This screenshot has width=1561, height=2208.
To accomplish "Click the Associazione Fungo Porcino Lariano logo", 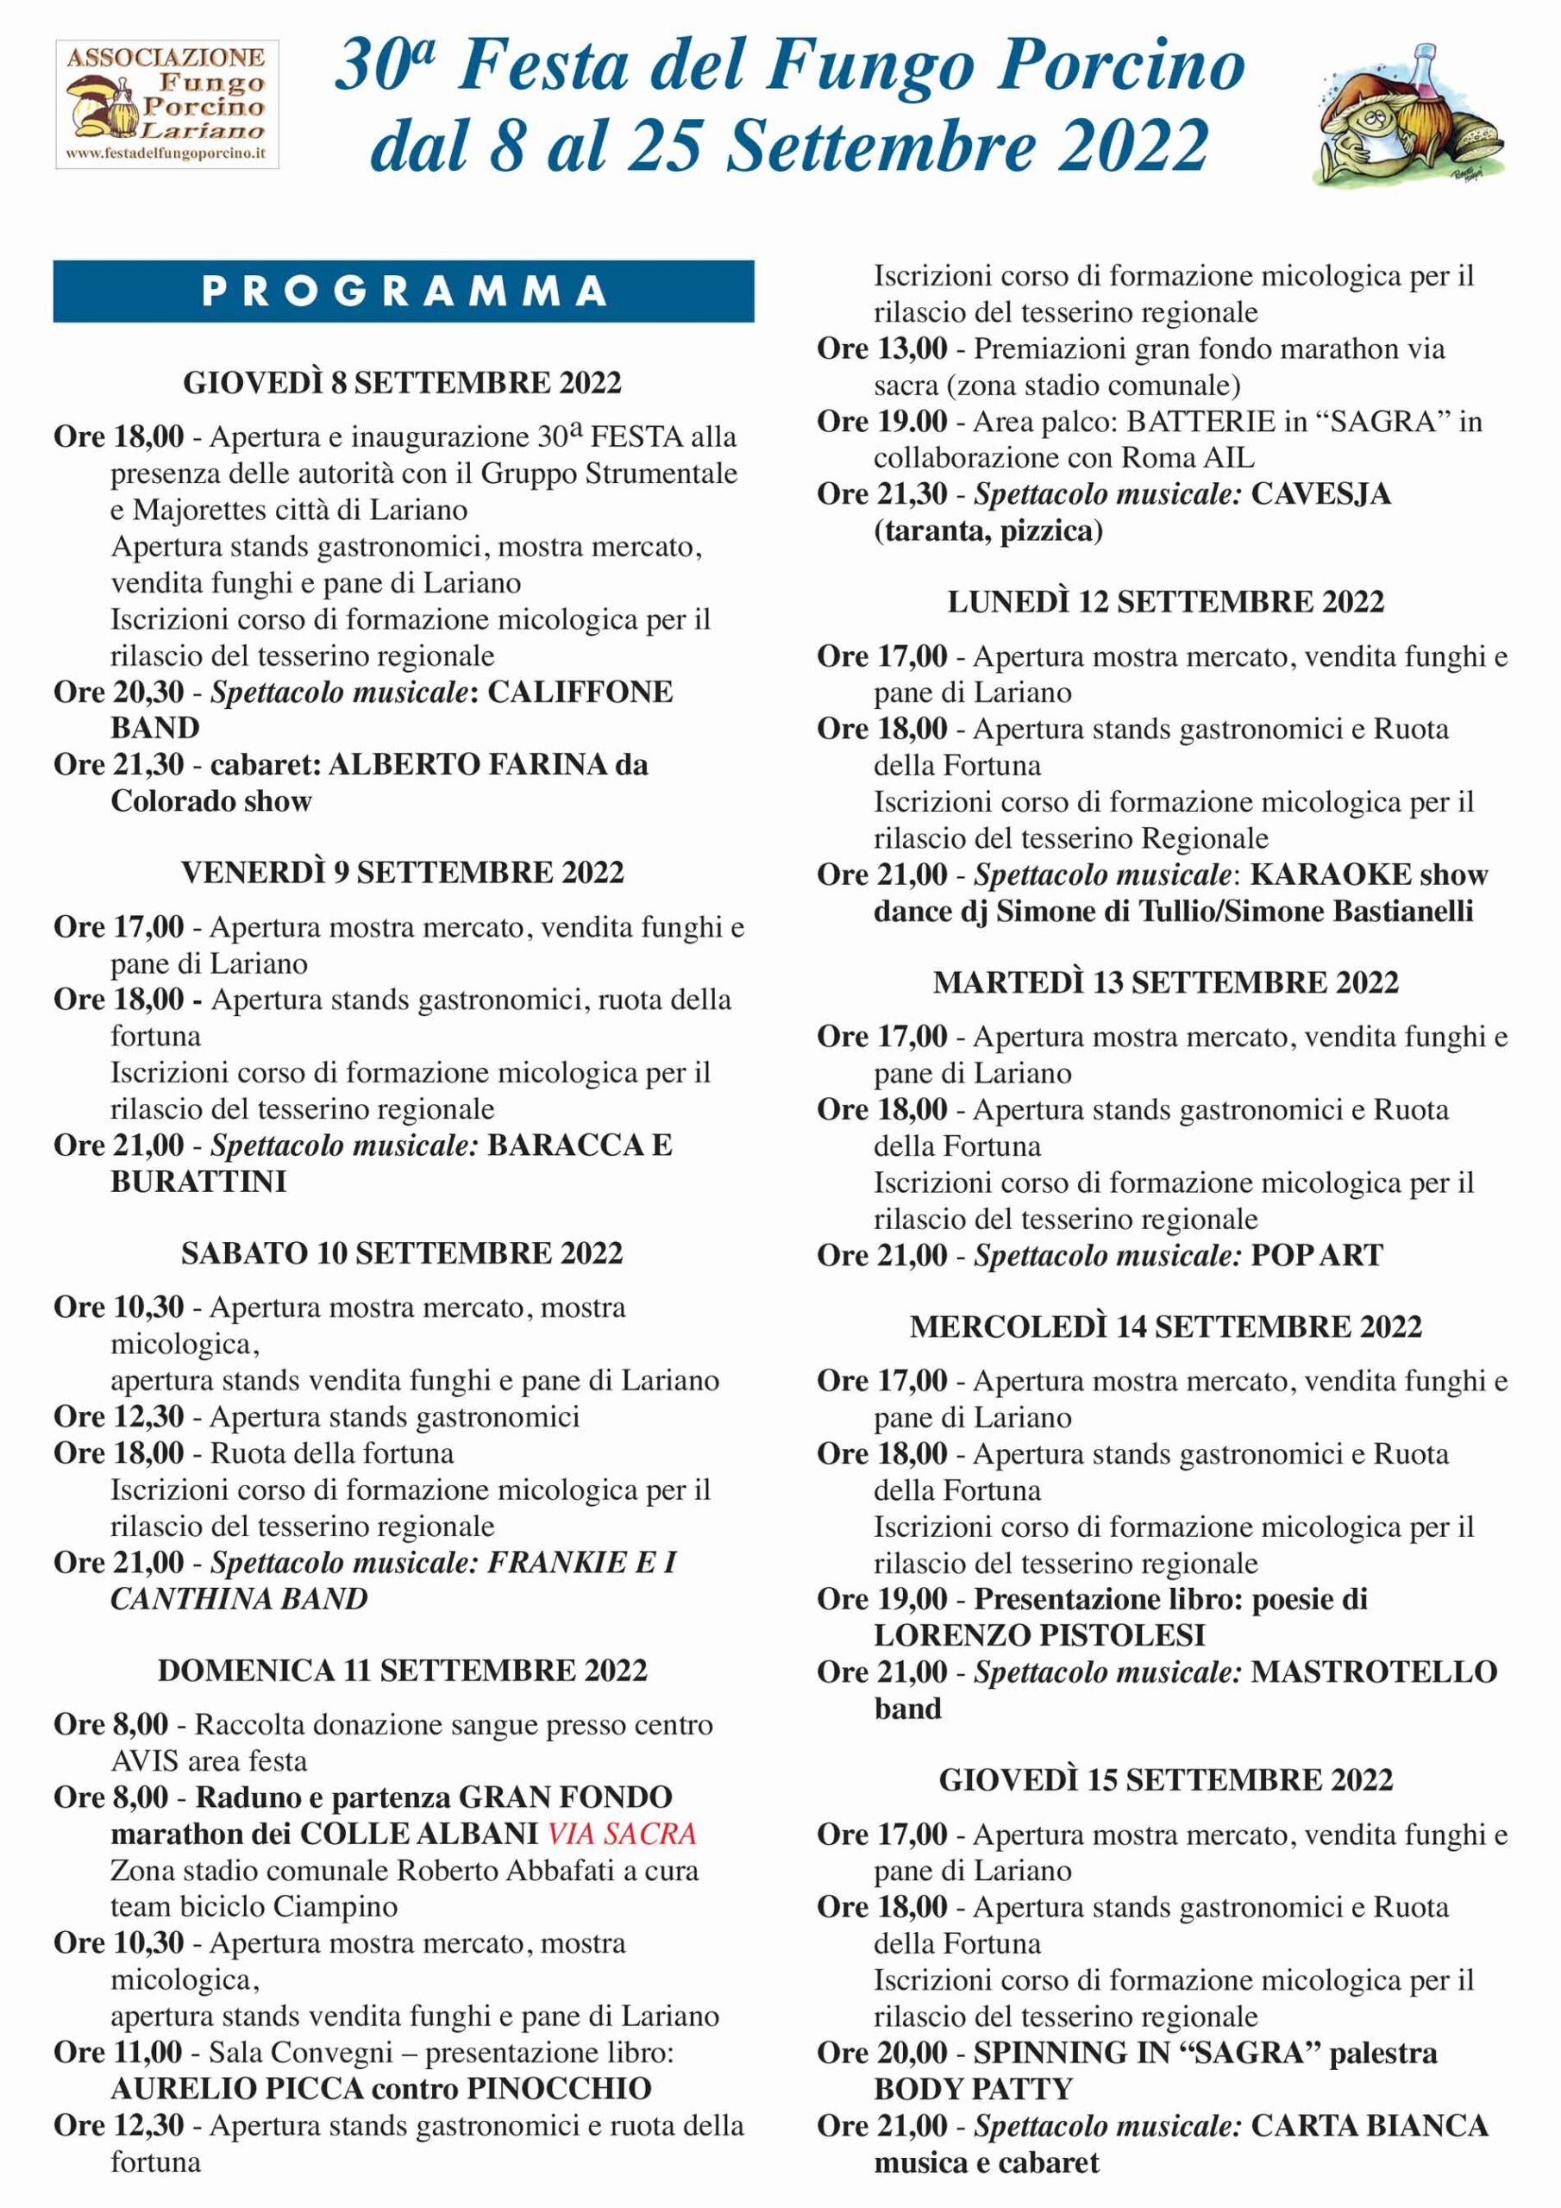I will (166, 103).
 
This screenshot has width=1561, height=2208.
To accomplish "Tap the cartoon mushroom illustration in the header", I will (1408, 114).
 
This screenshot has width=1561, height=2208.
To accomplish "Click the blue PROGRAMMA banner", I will (403, 292).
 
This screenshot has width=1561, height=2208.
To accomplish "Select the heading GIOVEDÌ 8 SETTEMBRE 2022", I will (402, 383).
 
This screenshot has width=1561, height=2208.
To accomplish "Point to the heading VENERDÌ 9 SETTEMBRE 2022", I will (402, 872).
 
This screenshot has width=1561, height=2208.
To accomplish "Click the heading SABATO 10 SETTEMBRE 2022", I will (402, 1253).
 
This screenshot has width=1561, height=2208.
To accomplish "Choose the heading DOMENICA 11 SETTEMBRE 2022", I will (402, 1671).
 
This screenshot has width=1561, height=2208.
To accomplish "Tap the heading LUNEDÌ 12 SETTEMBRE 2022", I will (1166, 602).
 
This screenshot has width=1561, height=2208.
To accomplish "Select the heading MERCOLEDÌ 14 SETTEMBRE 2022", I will (1166, 1327).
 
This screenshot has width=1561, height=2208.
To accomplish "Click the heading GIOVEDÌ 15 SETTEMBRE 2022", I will (1166, 1780).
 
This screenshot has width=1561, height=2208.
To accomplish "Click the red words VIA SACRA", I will (621, 1834).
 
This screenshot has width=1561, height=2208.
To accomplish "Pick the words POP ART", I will (1317, 1255).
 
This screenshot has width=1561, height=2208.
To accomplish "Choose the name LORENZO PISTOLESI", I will (1040, 1634).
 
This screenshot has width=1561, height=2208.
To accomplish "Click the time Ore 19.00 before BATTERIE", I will (882, 421).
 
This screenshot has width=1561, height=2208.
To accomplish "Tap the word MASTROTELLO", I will (1374, 1672).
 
